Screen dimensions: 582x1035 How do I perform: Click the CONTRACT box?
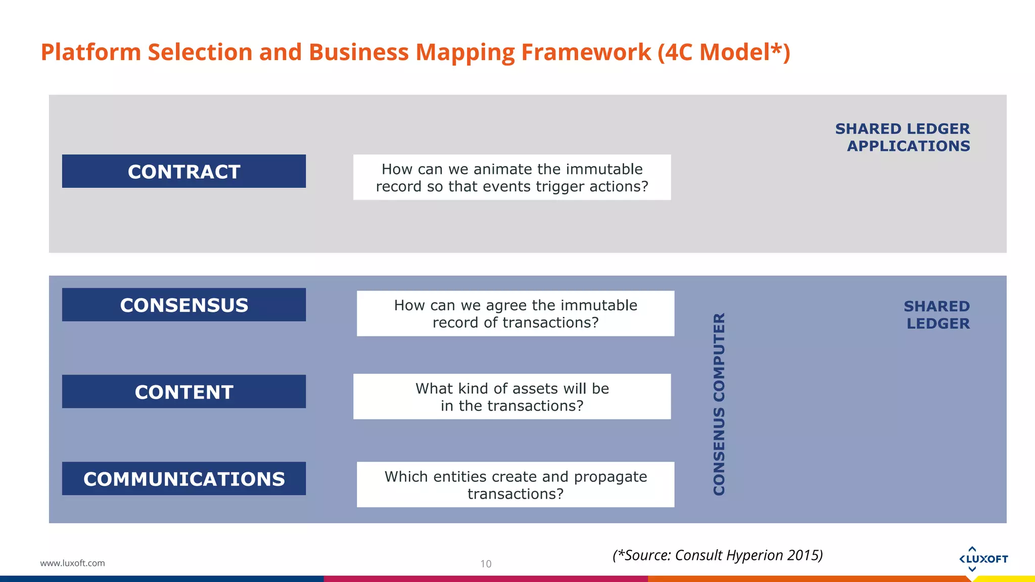(184, 171)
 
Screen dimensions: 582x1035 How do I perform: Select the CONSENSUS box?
(184, 305)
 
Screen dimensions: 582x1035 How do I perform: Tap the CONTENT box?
(184, 392)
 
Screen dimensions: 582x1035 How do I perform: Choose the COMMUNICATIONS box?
(184, 478)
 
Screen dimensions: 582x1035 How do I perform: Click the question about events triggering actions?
(512, 177)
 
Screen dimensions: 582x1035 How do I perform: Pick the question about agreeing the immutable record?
(515, 313)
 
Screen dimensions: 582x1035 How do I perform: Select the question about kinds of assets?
(512, 397)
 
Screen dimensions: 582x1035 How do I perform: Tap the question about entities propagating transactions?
(515, 484)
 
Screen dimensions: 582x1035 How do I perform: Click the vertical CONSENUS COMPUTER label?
(719, 404)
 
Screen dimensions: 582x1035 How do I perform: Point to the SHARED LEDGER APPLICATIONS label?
(903, 137)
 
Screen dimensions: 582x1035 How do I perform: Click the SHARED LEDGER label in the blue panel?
(937, 315)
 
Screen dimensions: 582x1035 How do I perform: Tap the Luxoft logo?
(983, 559)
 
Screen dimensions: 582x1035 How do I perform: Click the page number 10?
(486, 564)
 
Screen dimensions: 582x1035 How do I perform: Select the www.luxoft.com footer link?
(72, 563)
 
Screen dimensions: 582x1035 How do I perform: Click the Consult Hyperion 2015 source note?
(718, 555)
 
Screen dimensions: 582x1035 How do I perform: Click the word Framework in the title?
(586, 52)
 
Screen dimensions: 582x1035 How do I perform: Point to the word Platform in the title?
(90, 52)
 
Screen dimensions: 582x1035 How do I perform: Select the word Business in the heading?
(358, 52)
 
